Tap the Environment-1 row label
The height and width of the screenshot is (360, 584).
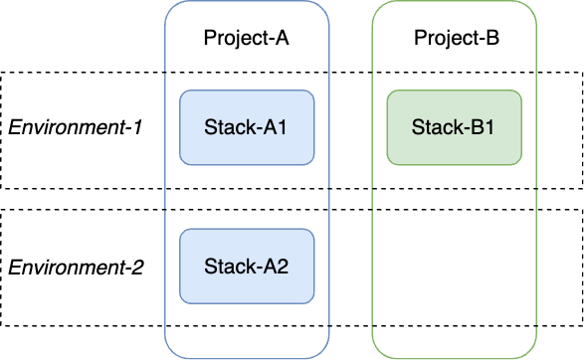pyautogui.click(x=76, y=128)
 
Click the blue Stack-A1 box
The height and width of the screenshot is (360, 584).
pyautogui.click(x=247, y=127)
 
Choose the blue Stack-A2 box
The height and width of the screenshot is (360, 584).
pyautogui.click(x=247, y=266)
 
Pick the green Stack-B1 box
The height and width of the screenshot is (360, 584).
pyautogui.click(x=454, y=127)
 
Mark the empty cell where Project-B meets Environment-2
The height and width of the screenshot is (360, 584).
pyautogui.click(x=454, y=268)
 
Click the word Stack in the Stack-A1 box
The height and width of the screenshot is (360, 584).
pyautogui.click(x=226, y=127)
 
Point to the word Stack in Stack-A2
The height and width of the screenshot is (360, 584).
pyautogui.click(x=226, y=266)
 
